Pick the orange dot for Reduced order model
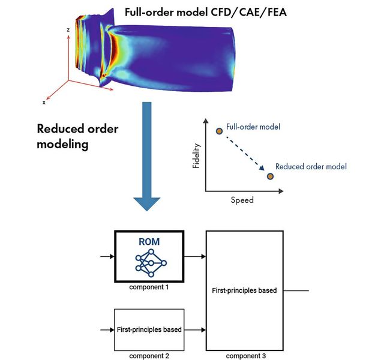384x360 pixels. click(270, 176)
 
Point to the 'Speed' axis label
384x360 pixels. click(242, 200)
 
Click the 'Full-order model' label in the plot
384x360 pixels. click(253, 127)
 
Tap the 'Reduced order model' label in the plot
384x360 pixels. click(311, 166)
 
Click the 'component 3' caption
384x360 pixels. click(245, 356)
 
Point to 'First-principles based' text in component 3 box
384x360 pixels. click(245, 290)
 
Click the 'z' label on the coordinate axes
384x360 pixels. click(69, 29)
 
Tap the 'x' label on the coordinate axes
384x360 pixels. click(44, 103)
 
